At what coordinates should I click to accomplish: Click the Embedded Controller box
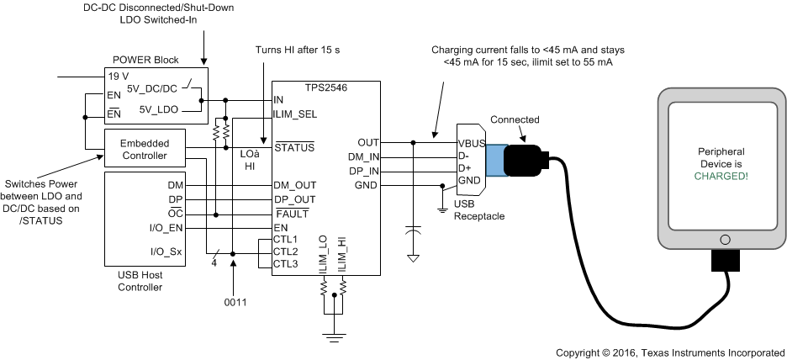(144, 149)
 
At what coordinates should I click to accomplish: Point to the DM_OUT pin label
(294, 185)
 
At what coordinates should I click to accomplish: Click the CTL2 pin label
(286, 251)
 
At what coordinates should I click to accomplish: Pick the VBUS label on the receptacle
(472, 142)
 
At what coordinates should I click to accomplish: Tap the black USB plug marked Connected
(525, 161)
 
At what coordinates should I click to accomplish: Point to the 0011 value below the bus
(235, 302)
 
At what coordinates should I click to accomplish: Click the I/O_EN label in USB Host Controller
(166, 228)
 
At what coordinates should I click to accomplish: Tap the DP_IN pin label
(363, 170)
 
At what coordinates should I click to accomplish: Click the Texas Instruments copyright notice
(670, 352)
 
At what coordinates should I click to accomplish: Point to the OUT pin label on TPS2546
(368, 142)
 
